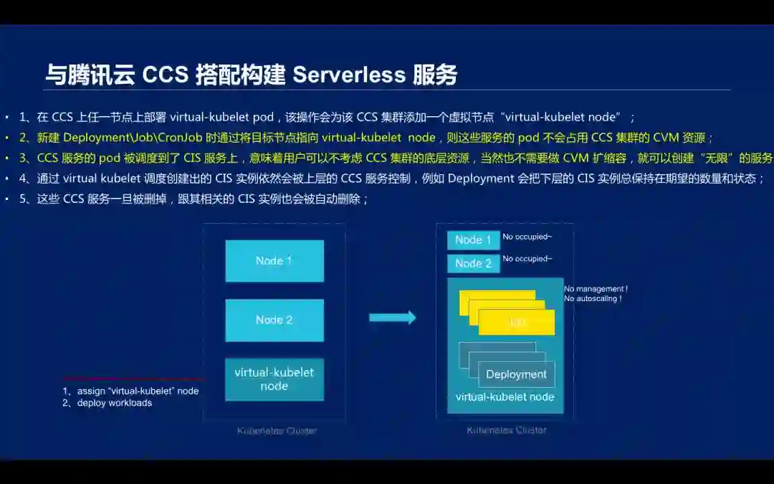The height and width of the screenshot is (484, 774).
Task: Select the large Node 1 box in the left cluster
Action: coord(274,261)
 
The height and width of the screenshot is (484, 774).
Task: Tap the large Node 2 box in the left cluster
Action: coord(274,320)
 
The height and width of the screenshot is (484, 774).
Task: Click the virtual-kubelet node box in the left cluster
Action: coord(274,379)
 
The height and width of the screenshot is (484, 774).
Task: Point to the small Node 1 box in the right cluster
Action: coord(473,240)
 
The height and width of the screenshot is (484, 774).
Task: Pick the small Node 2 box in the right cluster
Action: coord(473,263)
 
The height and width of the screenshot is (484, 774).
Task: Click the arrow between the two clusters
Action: coord(392,318)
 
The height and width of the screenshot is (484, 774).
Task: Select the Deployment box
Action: coord(516,374)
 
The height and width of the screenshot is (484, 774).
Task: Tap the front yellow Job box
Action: coord(516,323)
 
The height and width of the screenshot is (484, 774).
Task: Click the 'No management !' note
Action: coord(596,289)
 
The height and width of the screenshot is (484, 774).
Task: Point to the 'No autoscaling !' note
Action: coord(593,298)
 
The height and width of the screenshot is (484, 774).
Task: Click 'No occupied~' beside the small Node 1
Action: coord(527,237)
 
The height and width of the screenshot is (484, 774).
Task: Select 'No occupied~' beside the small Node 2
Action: coord(527,259)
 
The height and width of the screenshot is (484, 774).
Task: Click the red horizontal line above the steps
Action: coord(133,378)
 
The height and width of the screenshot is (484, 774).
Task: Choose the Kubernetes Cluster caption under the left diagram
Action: coord(277,431)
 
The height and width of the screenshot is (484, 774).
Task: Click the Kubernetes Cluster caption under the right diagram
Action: coord(506,430)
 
